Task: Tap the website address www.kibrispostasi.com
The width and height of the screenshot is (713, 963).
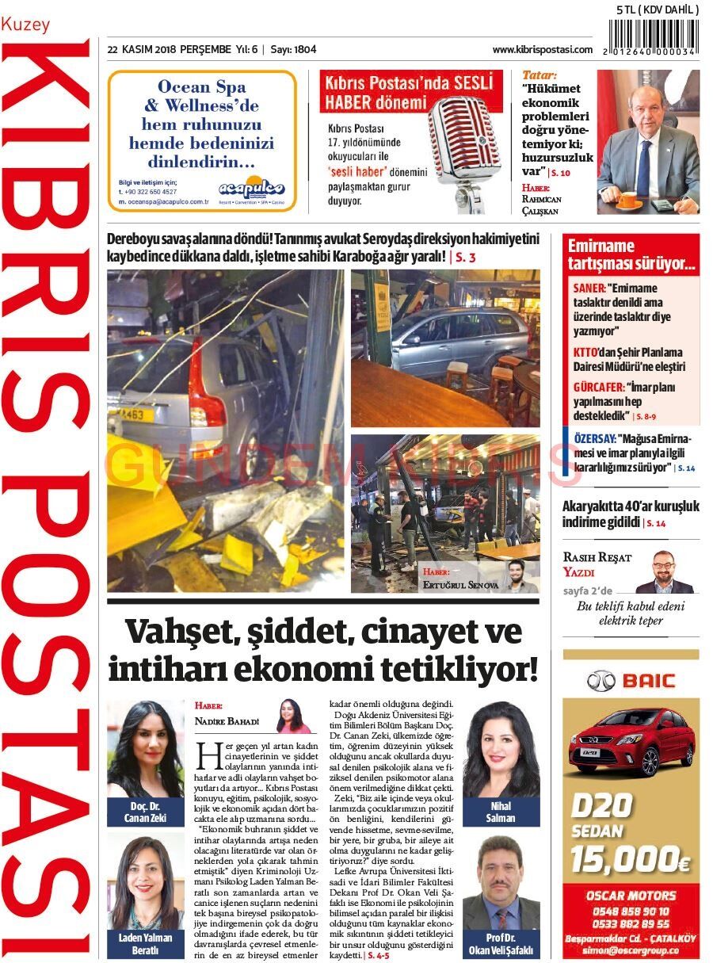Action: point(542,49)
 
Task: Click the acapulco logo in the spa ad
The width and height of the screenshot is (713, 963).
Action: point(251,189)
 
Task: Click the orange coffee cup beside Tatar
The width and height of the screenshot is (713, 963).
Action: point(629,200)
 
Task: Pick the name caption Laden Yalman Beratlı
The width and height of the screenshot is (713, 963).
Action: point(145,944)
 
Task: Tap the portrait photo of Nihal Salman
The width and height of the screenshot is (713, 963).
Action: point(501,748)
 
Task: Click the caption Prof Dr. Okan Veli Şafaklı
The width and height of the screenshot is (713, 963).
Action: point(501,944)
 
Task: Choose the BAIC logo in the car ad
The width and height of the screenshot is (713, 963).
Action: point(631,680)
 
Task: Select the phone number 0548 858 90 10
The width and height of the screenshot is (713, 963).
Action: point(631,911)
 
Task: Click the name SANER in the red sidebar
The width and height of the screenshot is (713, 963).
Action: point(588,289)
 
